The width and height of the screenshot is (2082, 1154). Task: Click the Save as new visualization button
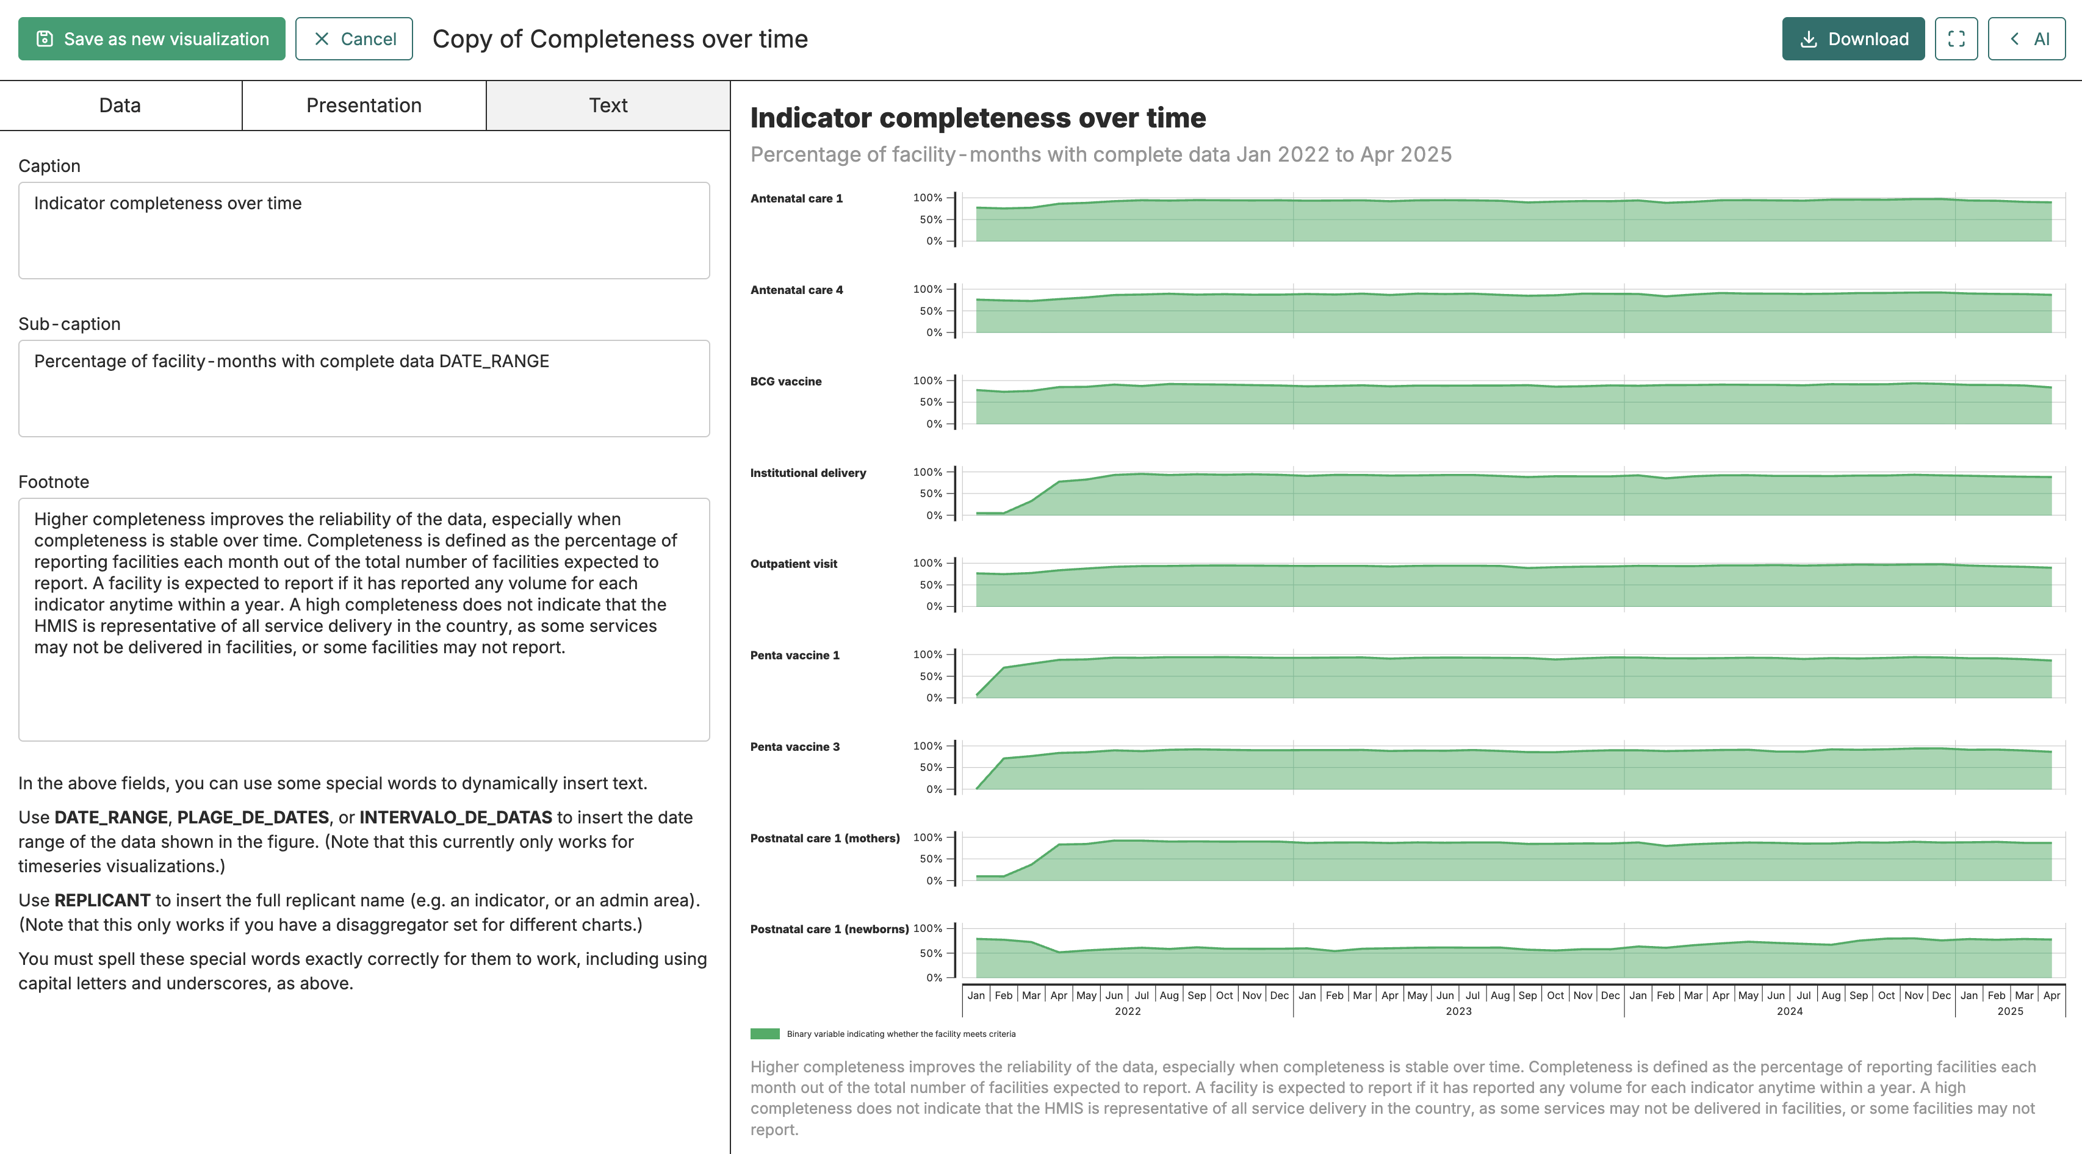click(x=152, y=39)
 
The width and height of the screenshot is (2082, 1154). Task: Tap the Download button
click(x=1853, y=39)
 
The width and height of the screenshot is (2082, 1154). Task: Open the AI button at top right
click(x=2026, y=39)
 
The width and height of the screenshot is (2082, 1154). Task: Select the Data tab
click(x=120, y=105)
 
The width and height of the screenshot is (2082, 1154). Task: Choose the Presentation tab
click(x=364, y=105)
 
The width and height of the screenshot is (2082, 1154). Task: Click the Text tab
click(x=608, y=105)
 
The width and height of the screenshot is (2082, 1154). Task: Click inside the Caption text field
click(x=364, y=231)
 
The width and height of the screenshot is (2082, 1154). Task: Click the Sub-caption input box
click(x=364, y=388)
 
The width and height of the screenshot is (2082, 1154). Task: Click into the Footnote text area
click(x=364, y=619)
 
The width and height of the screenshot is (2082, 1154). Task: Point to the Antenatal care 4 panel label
click(x=796, y=290)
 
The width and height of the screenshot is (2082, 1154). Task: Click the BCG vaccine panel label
click(x=785, y=381)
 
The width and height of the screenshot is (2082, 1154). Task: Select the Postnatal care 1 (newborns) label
click(x=829, y=930)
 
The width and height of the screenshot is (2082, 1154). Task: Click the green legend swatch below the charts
click(x=765, y=1034)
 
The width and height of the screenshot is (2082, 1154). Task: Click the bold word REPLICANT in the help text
click(x=103, y=900)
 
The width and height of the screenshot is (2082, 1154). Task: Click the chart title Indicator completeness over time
click(x=978, y=118)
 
